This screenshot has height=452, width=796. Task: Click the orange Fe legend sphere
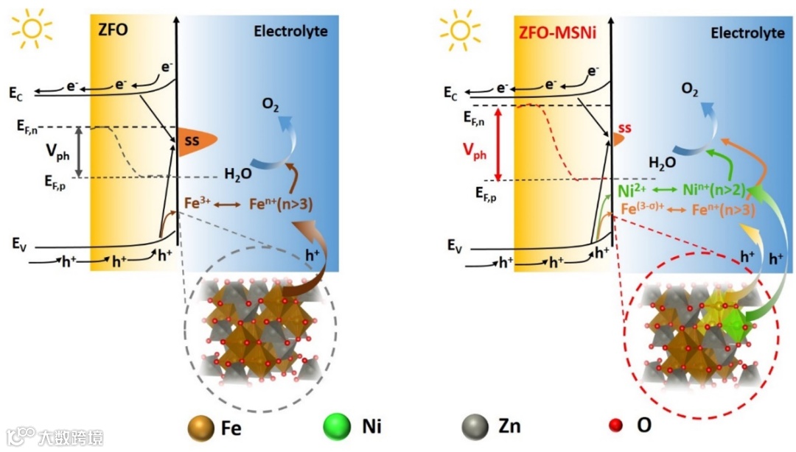(201, 425)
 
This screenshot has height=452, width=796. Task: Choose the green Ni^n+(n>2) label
(713, 191)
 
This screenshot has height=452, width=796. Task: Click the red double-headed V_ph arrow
(499, 144)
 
